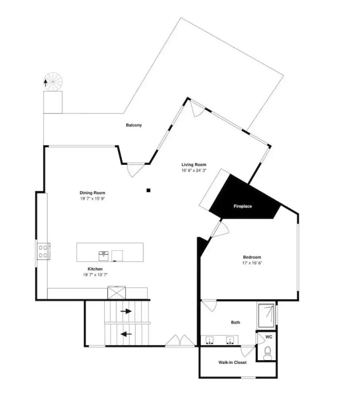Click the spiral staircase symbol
point(53,82)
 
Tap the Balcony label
point(134,125)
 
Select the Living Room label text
point(194,164)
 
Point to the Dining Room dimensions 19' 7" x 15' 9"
point(92,198)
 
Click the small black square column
point(148,190)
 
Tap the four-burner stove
point(43,251)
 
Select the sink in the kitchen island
point(103,256)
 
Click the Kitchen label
point(95,269)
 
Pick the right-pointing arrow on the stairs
point(126,311)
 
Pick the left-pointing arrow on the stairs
point(126,334)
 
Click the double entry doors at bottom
point(180,340)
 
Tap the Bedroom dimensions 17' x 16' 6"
point(252,263)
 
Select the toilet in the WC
point(267,353)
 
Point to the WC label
point(269,337)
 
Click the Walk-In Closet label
point(232,362)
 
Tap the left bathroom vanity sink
point(210,340)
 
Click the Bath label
point(236,322)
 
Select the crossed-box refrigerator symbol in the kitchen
point(117,293)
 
